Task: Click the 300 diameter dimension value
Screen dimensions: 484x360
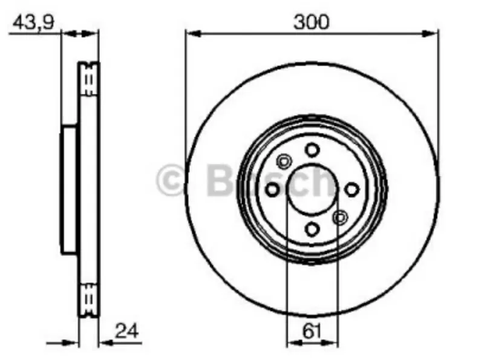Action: coord(312,22)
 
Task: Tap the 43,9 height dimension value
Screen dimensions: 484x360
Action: coord(33,22)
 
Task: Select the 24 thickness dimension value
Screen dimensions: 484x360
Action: coord(126,331)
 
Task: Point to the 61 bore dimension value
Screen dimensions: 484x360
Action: coord(312,332)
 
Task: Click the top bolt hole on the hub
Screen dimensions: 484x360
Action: coord(312,150)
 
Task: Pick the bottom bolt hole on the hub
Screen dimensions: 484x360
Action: coord(312,229)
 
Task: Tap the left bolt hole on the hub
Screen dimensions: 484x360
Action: coord(272,189)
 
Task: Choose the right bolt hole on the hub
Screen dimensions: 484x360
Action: coord(352,189)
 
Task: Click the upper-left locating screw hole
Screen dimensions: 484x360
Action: coord(284,161)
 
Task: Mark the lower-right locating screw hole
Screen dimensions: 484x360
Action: coord(340,218)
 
